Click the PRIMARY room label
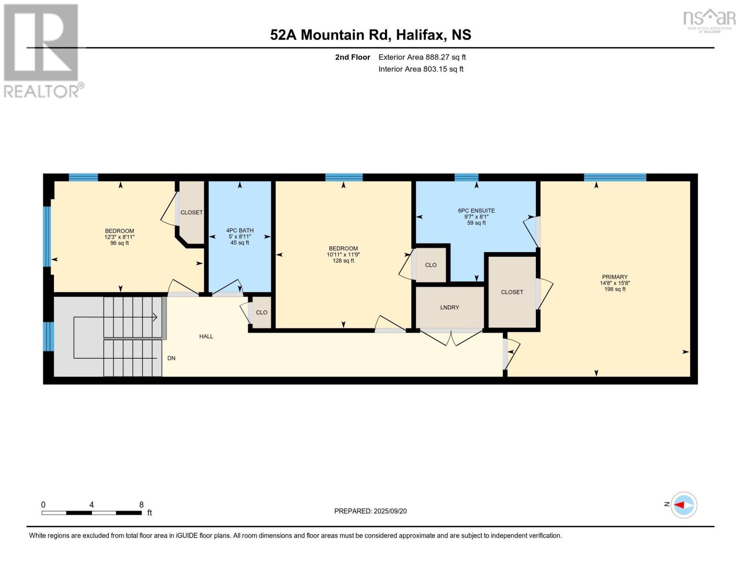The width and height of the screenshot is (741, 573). click(x=615, y=277)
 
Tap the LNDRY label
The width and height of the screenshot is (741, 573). click(x=449, y=308)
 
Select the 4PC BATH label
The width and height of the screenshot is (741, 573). click(x=240, y=231)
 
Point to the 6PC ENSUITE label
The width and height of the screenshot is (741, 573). click(x=476, y=211)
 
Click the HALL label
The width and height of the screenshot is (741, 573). click(x=206, y=337)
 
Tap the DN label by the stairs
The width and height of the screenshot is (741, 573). click(x=171, y=358)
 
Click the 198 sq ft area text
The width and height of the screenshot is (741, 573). click(x=615, y=289)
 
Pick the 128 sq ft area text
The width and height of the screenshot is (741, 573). click(x=343, y=261)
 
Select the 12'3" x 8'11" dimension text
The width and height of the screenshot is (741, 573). click(x=119, y=237)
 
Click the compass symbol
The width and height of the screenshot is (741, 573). click(x=684, y=505)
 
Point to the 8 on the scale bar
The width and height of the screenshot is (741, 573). click(x=141, y=505)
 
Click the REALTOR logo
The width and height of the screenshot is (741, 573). click(x=42, y=50)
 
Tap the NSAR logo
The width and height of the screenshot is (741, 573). click(x=710, y=20)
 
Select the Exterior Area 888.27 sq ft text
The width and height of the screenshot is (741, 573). click(x=422, y=57)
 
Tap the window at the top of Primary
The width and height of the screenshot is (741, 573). click(x=615, y=178)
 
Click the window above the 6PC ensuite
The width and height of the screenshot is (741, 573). click(x=466, y=178)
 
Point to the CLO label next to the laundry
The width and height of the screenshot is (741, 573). click(x=430, y=265)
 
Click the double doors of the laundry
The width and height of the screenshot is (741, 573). click(x=451, y=337)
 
